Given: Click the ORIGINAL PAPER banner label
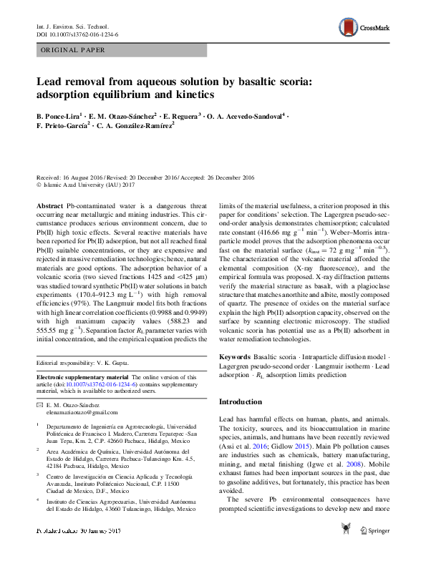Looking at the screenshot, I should (x=74, y=50).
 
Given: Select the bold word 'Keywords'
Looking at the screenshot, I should (x=235, y=356).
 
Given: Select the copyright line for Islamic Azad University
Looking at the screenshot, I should (x=85, y=184).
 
